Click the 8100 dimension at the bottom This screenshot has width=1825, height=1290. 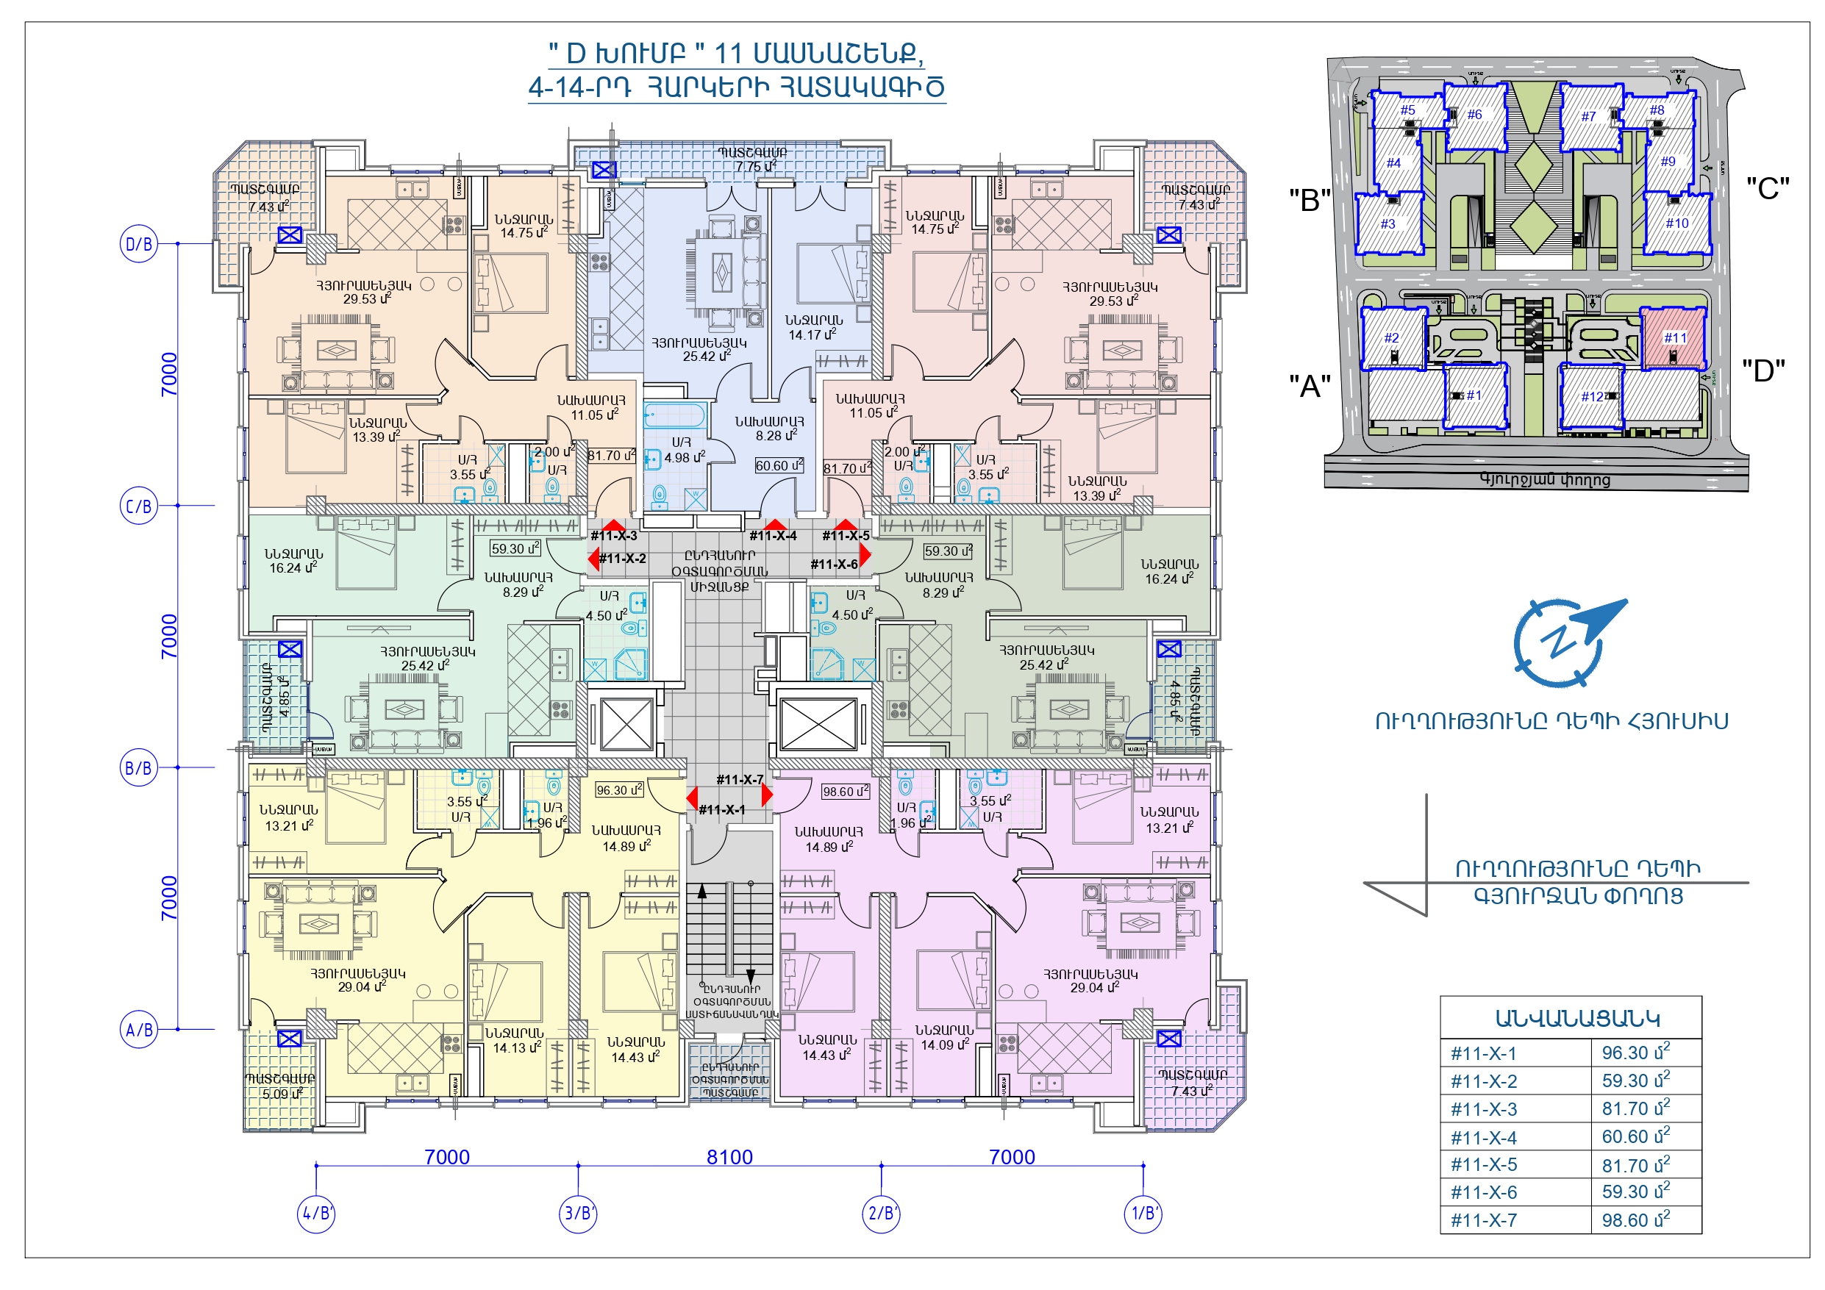(729, 1156)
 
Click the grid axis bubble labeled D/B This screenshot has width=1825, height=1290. (139, 244)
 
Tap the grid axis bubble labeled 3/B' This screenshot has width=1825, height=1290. (579, 1213)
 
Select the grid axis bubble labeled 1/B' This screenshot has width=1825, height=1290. (1143, 1213)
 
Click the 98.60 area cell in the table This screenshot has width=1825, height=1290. (1635, 1220)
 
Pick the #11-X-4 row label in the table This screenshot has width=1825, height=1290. (1483, 1137)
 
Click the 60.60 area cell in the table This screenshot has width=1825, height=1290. (1635, 1136)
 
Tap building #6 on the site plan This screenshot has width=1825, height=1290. (1474, 116)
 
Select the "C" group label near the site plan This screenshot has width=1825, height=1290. (1767, 188)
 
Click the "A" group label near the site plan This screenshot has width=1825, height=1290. (1309, 387)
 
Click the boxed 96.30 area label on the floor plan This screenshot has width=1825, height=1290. (619, 790)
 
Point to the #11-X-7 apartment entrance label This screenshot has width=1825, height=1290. (739, 780)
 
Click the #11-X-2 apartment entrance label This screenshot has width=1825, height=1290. (622, 559)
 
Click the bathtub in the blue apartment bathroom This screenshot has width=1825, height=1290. (674, 416)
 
